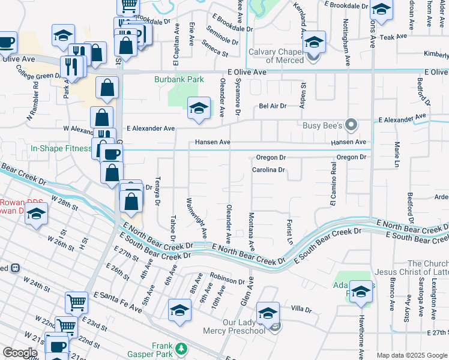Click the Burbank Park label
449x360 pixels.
click(179, 79)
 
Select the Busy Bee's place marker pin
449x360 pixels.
click(352, 125)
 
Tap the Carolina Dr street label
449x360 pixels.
click(268, 170)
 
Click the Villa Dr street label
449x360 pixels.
click(301, 310)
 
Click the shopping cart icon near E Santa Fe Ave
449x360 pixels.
click(76, 302)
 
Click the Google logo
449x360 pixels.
click(20, 353)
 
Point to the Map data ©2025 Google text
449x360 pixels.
click(412, 355)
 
